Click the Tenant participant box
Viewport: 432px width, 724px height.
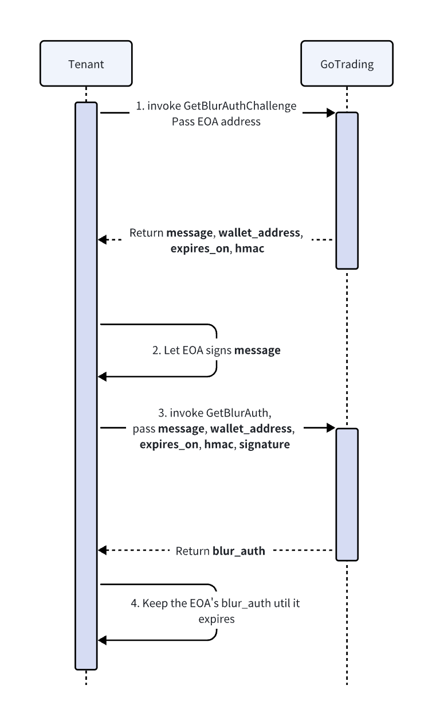pyautogui.click(x=86, y=64)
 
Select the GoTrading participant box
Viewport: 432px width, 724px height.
pyautogui.click(x=347, y=64)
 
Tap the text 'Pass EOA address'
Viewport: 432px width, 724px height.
pyautogui.click(x=216, y=121)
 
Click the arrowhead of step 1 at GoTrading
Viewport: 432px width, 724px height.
pyautogui.click(x=331, y=113)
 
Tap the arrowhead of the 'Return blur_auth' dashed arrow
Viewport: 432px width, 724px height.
pyautogui.click(x=102, y=550)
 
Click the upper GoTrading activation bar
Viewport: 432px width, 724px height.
pyautogui.click(x=347, y=190)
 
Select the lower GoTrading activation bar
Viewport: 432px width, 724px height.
pyautogui.click(x=347, y=493)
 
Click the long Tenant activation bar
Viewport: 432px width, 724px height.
pyautogui.click(x=86, y=384)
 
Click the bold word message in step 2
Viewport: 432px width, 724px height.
pyautogui.click(x=257, y=350)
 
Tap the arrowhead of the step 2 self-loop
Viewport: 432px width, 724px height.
pyautogui.click(x=102, y=376)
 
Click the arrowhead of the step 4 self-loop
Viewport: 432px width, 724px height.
pyautogui.click(x=102, y=640)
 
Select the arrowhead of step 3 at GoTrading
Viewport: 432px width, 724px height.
pyautogui.click(x=331, y=427)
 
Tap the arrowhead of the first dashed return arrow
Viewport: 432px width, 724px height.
pyautogui.click(x=102, y=239)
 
